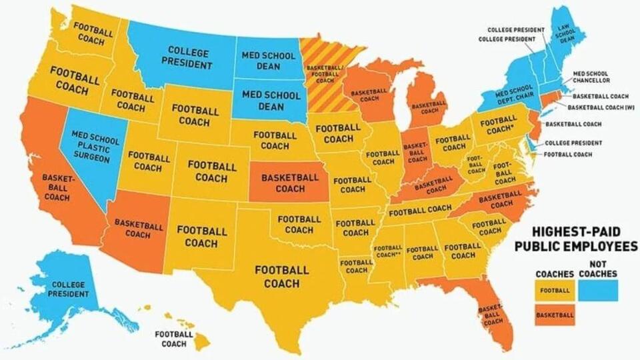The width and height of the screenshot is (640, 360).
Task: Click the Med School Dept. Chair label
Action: pyautogui.click(x=514, y=95)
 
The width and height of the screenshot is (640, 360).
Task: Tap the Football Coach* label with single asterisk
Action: pyautogui.click(x=498, y=125)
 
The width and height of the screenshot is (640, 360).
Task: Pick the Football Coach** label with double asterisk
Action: pyautogui.click(x=389, y=251)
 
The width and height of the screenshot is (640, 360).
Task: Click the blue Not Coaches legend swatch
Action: pyautogui.click(x=598, y=290)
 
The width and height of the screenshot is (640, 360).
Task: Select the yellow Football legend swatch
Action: pyautogui.click(x=555, y=290)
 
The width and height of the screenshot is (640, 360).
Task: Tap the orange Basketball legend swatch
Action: pyautogui.click(x=555, y=314)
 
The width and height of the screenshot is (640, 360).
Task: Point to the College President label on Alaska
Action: pyautogui.click(x=69, y=289)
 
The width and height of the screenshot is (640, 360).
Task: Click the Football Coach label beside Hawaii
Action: pyautogui.click(x=174, y=339)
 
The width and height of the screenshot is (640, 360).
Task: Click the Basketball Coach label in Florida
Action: pyautogui.click(x=492, y=314)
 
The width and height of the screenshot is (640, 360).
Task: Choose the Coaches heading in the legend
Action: pyautogui.click(x=555, y=274)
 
